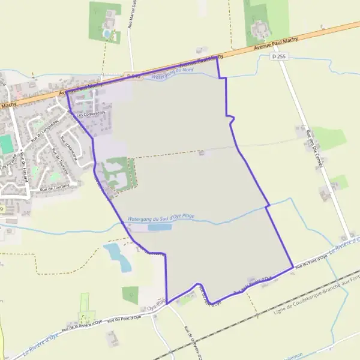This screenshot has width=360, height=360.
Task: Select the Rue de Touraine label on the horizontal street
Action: coord(55,188)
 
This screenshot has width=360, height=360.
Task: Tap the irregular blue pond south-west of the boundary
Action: coord(116,256)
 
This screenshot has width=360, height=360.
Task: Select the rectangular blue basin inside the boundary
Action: coord(159,227)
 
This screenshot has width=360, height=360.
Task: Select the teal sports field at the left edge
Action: coord(6,144)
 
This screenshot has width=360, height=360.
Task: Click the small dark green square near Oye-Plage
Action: coord(130,294)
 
